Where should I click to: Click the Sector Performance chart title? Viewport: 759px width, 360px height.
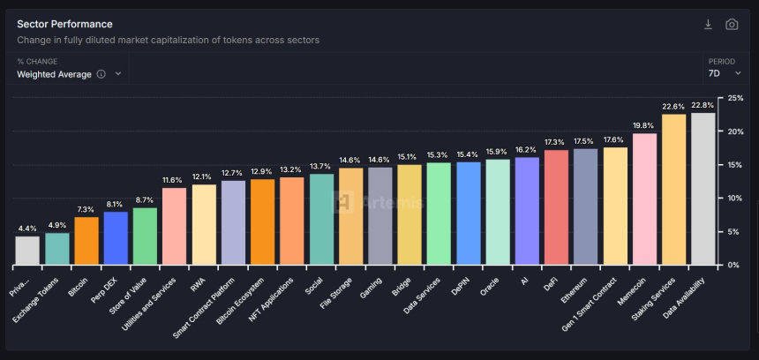64,24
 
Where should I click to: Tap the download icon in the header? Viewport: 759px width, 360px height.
708,25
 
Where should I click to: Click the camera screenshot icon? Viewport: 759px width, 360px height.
732,25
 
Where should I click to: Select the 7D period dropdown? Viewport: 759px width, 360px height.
724,74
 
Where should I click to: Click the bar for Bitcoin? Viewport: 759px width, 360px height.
86,241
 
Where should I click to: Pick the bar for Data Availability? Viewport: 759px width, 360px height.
703,189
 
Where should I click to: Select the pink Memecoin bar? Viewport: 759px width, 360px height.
644,199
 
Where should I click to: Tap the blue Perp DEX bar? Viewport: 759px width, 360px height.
116,238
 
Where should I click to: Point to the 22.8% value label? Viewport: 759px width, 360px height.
703,105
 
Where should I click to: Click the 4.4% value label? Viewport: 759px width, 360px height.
27,229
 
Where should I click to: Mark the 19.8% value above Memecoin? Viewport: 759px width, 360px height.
644,125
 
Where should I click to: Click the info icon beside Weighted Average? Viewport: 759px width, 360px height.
101,74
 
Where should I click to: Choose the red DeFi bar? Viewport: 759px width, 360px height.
556,207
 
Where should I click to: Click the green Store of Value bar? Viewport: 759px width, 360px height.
145,236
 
